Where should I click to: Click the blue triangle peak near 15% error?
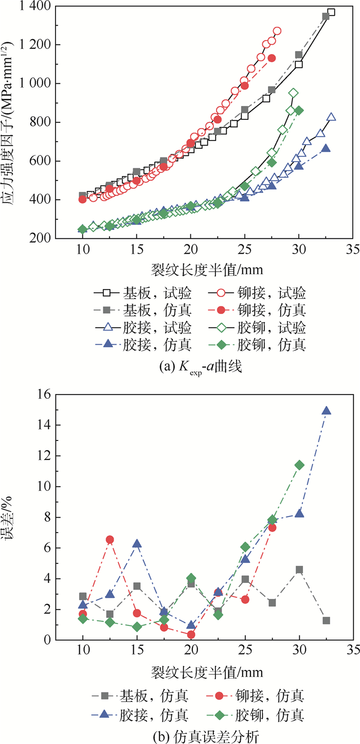coord(326,411)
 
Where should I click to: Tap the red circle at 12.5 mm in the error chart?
coord(110,539)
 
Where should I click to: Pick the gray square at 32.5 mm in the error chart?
coord(326,621)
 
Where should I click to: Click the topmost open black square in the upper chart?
coord(331,12)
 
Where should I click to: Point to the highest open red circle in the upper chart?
coord(277,31)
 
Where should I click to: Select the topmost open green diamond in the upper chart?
coord(294,93)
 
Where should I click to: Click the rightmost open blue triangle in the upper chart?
coord(331,117)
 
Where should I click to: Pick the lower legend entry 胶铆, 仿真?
coord(273,715)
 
